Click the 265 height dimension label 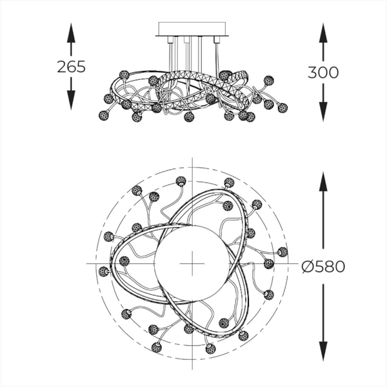pyautogui.click(x=71, y=66)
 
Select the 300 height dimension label pyautogui.click(x=323, y=72)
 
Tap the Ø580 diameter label pyautogui.click(x=323, y=266)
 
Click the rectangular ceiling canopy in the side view pyautogui.click(x=192, y=29)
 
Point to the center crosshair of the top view pyautogui.click(x=192, y=264)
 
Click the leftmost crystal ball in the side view pyautogui.click(x=103, y=115)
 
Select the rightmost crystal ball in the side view pyautogui.click(x=282, y=106)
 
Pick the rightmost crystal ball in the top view pyautogui.click(x=282, y=252)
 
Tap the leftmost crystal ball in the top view pyautogui.click(x=104, y=272)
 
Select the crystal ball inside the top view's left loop pyautogui.click(x=124, y=261)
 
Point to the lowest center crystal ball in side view pyautogui.click(x=188, y=117)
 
